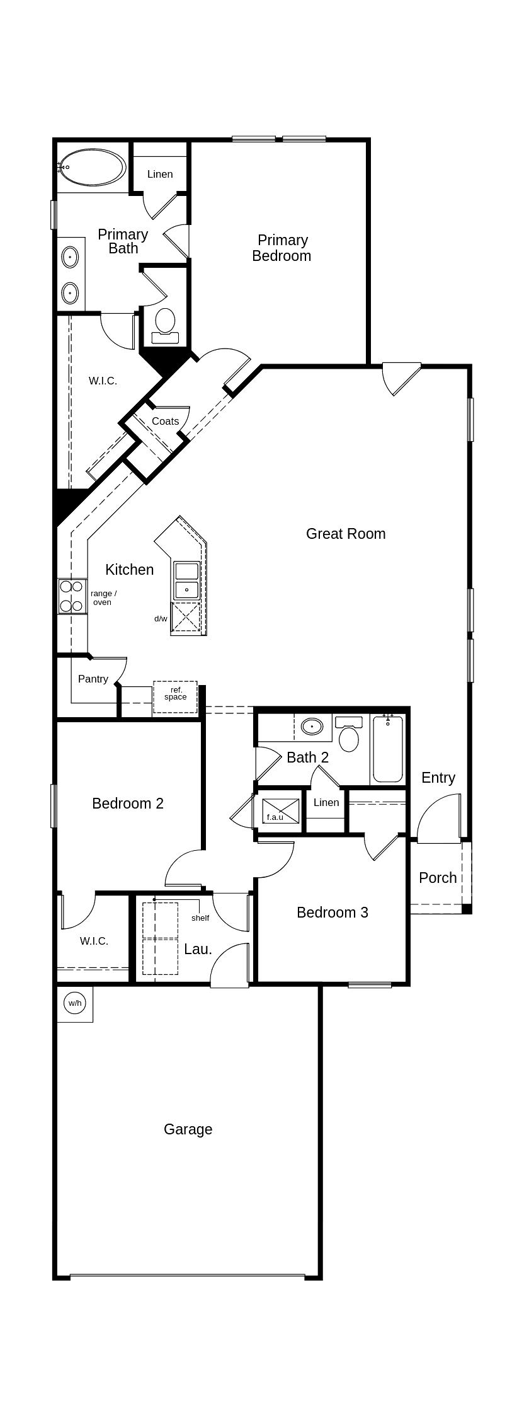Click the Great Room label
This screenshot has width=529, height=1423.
346,534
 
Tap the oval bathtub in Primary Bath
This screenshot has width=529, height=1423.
92,168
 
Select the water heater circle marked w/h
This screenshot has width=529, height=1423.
74,1003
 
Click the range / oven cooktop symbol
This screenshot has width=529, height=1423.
72,596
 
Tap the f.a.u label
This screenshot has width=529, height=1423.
275,817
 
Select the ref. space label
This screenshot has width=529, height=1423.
176,693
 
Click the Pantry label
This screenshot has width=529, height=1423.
93,679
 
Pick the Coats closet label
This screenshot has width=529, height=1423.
165,421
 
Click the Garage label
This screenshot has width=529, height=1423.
188,1129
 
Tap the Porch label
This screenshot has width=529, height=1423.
438,877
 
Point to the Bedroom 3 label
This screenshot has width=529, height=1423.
333,912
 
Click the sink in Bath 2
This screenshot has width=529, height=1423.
312,727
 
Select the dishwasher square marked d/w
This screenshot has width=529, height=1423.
186,617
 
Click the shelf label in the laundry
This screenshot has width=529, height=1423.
200,918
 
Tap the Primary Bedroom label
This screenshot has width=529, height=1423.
282,248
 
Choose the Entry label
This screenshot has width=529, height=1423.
438,778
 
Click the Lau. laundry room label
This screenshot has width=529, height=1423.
198,949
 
